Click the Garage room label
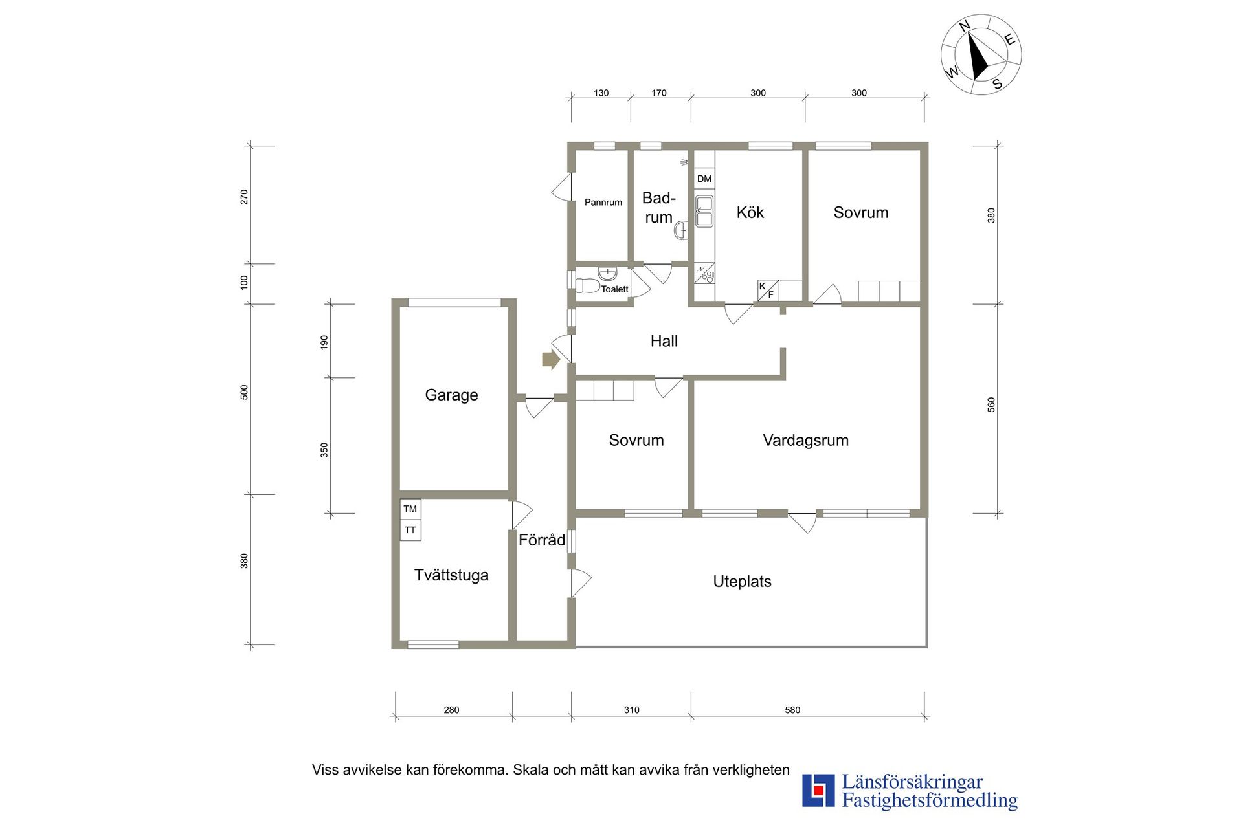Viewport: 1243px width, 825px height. (x=451, y=395)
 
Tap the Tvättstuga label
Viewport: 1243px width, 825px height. (x=451, y=575)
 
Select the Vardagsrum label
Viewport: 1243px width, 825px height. (x=805, y=440)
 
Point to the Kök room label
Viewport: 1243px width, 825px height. (x=750, y=212)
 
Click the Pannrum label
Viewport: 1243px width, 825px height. (x=603, y=202)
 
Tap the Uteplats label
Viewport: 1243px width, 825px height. (x=742, y=581)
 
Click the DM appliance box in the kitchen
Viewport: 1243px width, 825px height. (x=704, y=179)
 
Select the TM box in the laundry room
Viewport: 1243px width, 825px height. (x=410, y=509)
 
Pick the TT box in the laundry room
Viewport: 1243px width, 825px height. (x=410, y=530)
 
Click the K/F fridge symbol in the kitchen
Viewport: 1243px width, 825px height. (x=768, y=291)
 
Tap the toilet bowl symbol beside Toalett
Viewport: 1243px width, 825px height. (x=587, y=285)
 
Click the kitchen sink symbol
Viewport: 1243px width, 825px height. (x=704, y=211)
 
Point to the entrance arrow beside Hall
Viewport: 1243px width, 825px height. (x=550, y=360)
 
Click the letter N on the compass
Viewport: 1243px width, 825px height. (x=965, y=26)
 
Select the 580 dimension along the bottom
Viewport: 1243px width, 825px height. (x=792, y=710)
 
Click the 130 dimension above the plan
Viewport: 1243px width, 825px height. (x=601, y=93)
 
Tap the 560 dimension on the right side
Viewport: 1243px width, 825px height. (x=991, y=405)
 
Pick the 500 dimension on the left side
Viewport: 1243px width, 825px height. (x=244, y=392)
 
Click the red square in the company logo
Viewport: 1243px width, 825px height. (x=819, y=790)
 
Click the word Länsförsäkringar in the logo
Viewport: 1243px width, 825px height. (x=912, y=782)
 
